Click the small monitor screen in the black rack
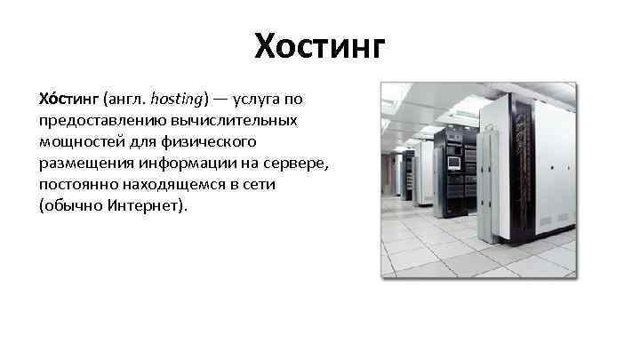pos(453,164)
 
